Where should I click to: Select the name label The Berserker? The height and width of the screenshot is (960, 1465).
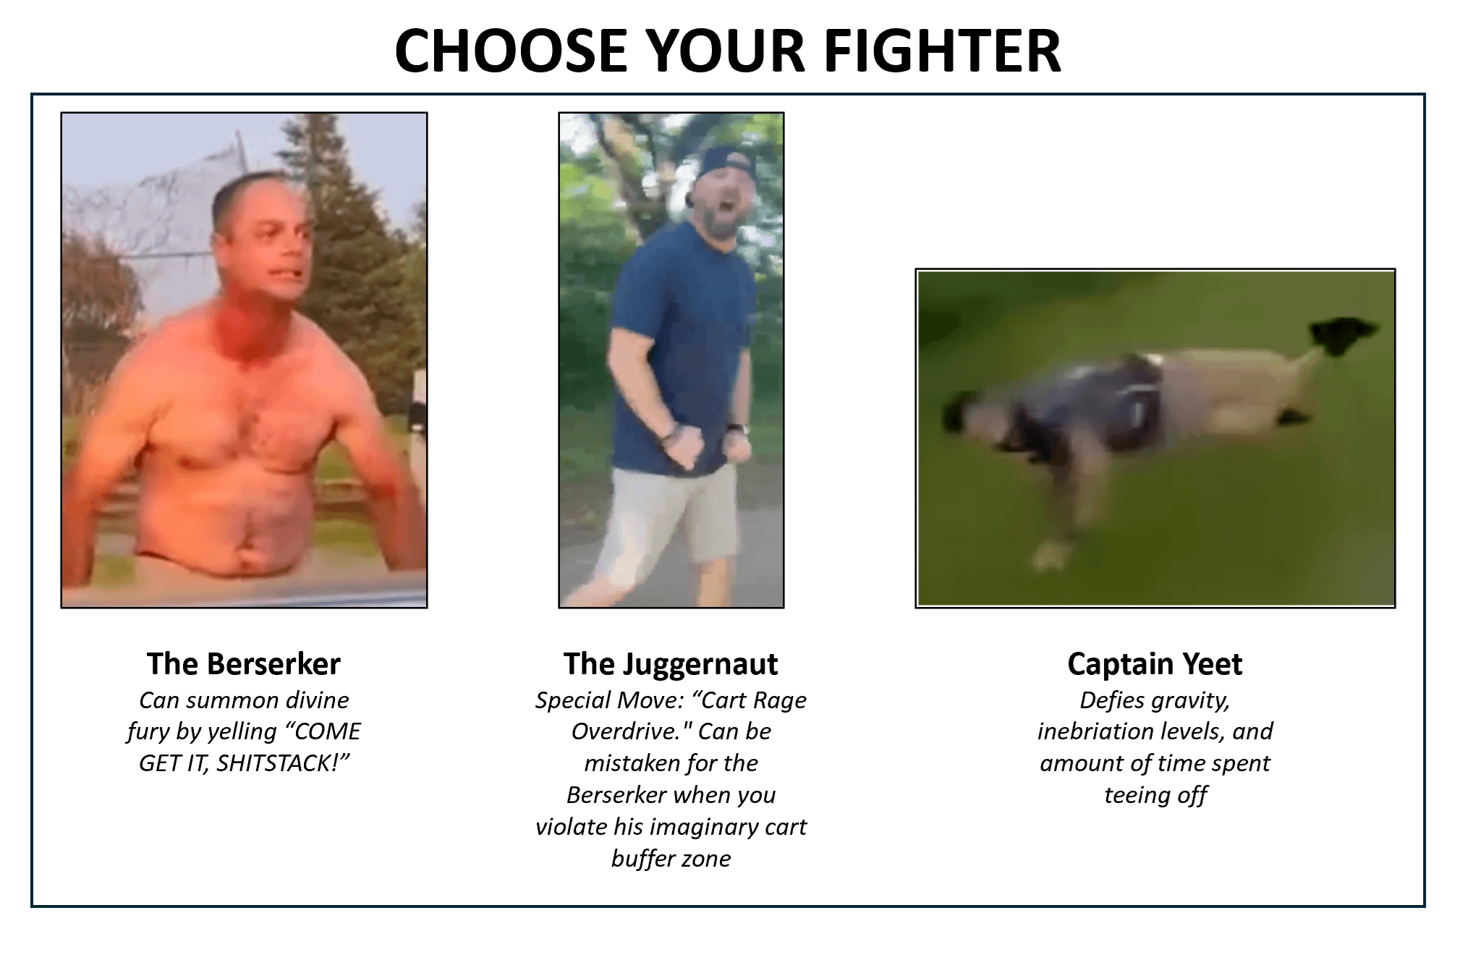pyautogui.click(x=244, y=663)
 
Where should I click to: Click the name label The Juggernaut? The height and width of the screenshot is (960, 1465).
pyautogui.click(x=671, y=664)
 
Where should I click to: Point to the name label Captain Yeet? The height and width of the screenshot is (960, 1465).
pyautogui.click(x=1155, y=664)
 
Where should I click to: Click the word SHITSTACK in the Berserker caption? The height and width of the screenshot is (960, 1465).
pyautogui.click(x=286, y=763)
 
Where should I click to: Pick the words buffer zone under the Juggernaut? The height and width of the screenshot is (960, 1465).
pyautogui.click(x=671, y=858)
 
